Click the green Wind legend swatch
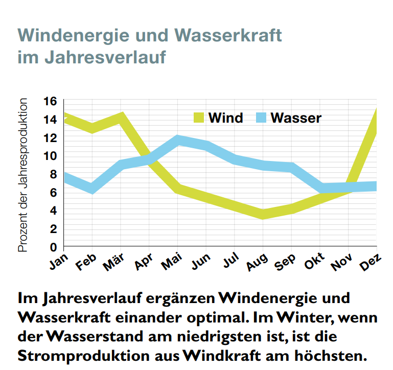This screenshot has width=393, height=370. coord(199,118)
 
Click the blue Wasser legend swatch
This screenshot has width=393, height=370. coord(260,118)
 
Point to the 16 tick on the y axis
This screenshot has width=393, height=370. coord(50,101)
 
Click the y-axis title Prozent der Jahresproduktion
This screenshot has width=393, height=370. coord(23,175)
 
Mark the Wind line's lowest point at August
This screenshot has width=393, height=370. coord(263,214)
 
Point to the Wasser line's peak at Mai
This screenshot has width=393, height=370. coord(177,140)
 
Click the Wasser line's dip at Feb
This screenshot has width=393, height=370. coord(92,188)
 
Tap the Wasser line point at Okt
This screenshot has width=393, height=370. coord(321,188)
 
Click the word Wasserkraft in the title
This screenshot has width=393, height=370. coord(228,36)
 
